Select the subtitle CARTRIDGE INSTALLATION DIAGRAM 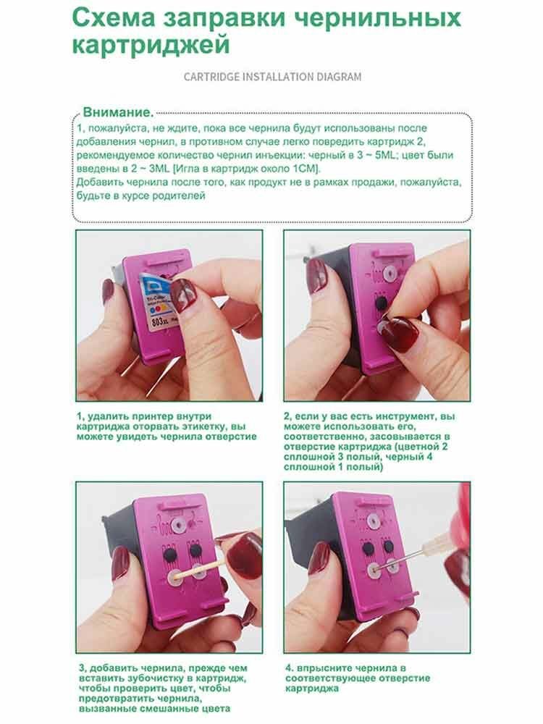coord(271,76)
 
